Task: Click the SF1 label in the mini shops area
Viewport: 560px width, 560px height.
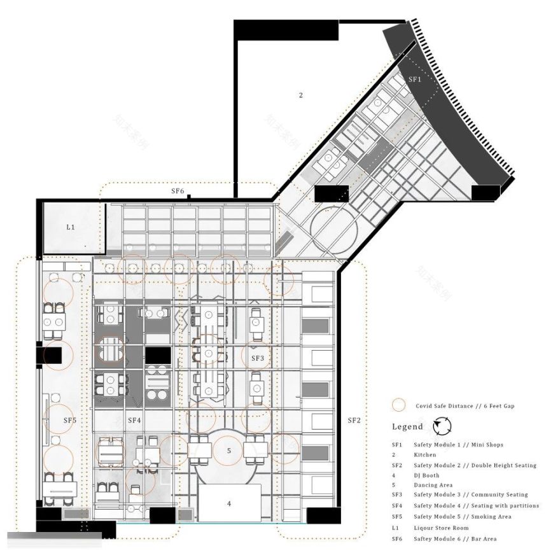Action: pos(415,80)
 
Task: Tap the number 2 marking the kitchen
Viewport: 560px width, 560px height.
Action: pos(301,95)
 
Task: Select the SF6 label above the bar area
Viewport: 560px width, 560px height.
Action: pos(178,191)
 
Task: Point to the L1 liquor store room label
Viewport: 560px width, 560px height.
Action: pos(71,227)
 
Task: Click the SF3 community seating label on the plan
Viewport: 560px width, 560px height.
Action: pos(257,359)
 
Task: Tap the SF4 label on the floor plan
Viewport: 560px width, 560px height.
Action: pos(134,420)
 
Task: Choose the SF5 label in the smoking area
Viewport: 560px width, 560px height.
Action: pos(69,420)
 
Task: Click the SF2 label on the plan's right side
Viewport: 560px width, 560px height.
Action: pos(354,420)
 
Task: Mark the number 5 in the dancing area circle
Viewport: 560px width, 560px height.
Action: pos(229,451)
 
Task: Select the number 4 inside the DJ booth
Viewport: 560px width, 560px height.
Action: pos(229,503)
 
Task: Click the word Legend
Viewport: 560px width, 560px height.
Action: pos(407,427)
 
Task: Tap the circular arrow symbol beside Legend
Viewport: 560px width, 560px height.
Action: pos(441,426)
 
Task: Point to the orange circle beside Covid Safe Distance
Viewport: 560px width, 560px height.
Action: pos(399,405)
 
